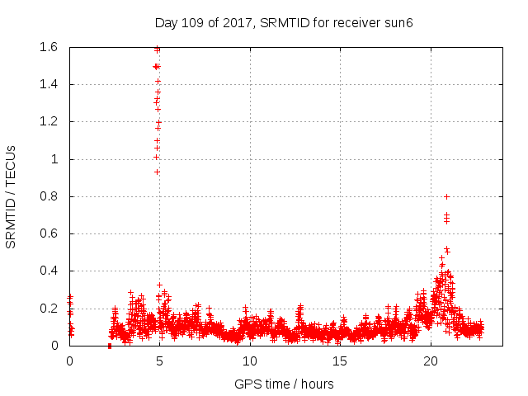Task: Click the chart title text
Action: coord(284,22)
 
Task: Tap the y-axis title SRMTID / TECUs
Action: coord(12,196)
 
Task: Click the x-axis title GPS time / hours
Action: coord(284,383)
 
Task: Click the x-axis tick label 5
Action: coord(160,361)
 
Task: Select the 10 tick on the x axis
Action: coord(250,361)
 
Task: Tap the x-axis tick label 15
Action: coord(340,361)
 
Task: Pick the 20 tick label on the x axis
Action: coord(431,361)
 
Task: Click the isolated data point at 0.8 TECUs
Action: coord(446,196)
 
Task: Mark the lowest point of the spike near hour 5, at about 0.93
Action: coord(157,172)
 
